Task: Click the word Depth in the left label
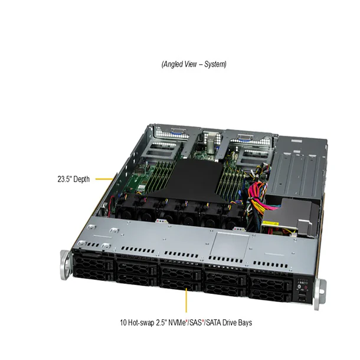tap(80, 179)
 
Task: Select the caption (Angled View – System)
tap(194, 64)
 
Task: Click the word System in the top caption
tap(214, 64)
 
